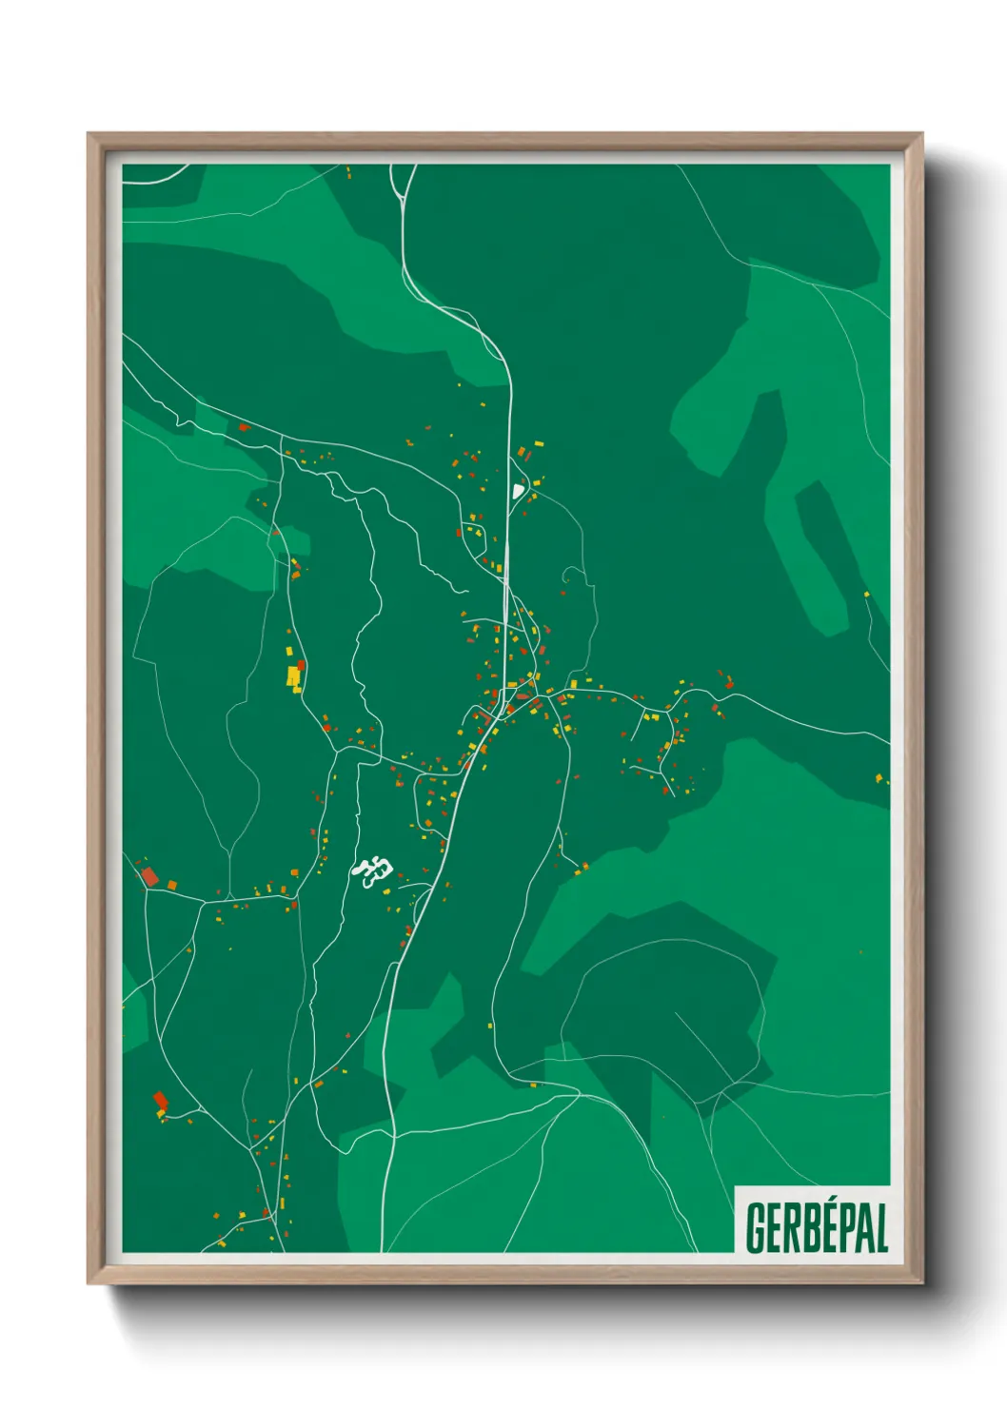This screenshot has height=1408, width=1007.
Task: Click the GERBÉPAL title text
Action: (816, 1227)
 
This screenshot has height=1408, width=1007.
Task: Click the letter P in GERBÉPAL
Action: (835, 1228)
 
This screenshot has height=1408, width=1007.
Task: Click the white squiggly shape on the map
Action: (374, 870)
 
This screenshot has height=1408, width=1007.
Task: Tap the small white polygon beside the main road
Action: (517, 491)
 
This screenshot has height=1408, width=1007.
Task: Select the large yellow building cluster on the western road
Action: (294, 676)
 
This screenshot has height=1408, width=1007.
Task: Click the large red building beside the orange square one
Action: (148, 876)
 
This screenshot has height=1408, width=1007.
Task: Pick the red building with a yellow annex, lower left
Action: (160, 1102)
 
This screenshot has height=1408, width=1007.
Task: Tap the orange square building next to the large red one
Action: (172, 885)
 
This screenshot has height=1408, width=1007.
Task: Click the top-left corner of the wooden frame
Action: (89, 135)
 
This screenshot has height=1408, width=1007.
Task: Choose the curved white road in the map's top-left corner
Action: (157, 177)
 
